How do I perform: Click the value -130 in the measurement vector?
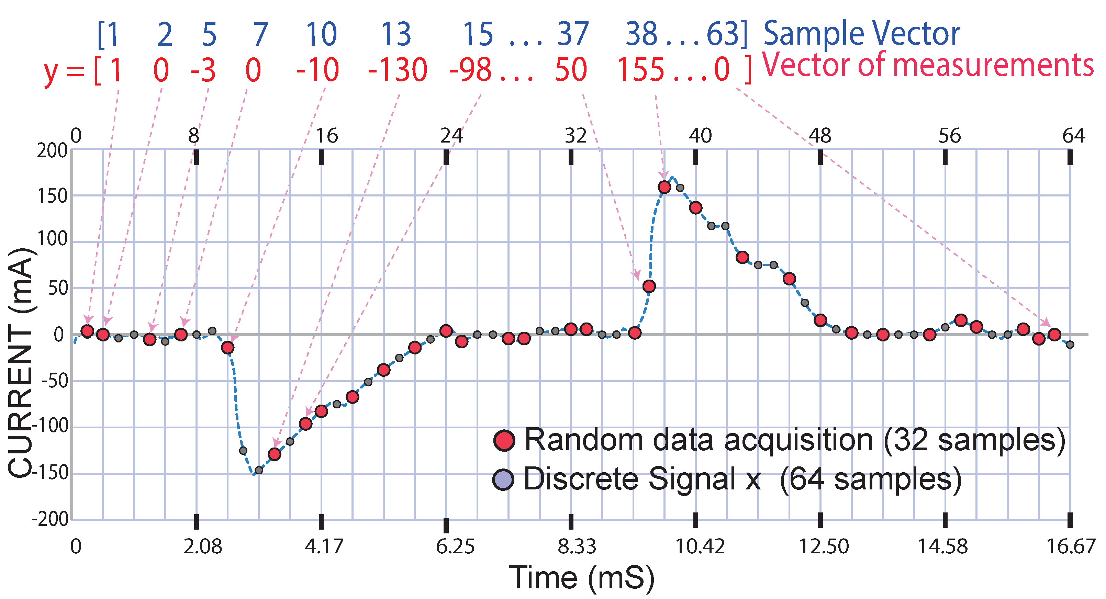click(398, 70)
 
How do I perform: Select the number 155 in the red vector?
click(640, 70)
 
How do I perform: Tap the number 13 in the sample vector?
click(396, 34)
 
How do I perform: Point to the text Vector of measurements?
click(927, 65)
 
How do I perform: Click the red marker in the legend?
click(504, 440)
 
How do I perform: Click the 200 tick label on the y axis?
click(52, 151)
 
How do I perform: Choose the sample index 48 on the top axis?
click(820, 136)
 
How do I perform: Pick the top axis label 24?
click(451, 136)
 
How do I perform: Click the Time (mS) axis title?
click(582, 578)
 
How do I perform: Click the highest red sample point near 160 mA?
click(664, 187)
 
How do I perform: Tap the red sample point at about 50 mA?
click(649, 286)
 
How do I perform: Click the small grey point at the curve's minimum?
click(259, 470)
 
